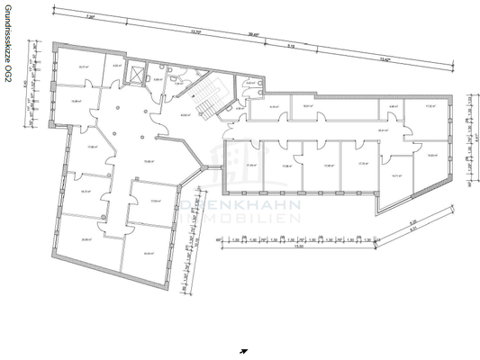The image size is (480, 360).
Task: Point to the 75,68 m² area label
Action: pyautogui.click(x=145, y=163)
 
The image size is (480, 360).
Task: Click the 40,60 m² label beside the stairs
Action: pyautogui.click(x=185, y=115)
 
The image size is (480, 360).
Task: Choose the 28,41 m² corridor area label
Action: pyautogui.click(x=383, y=131)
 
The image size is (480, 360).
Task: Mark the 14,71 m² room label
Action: pyautogui.click(x=395, y=176)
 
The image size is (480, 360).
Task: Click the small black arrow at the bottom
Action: pyautogui.click(x=243, y=351)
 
